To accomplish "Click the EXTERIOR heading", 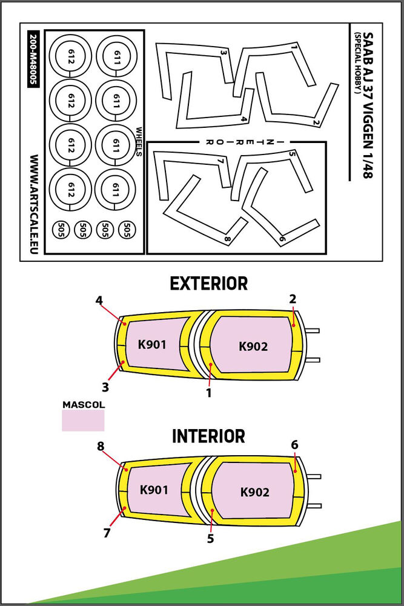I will [x=208, y=284].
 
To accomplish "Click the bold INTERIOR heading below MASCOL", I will [x=208, y=436].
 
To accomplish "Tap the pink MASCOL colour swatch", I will [x=83, y=420].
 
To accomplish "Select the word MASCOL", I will [x=83, y=404].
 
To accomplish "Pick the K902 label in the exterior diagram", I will [x=253, y=347].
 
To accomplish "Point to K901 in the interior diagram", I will [x=154, y=490].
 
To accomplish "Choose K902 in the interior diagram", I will [x=254, y=492].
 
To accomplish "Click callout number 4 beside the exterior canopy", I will [x=99, y=300].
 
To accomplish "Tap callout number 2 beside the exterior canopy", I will [x=293, y=299].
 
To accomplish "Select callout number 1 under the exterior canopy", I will [x=208, y=393].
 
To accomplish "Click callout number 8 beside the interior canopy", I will [x=101, y=447].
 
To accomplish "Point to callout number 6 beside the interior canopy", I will [x=294, y=445].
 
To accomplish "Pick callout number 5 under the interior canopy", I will [x=210, y=538].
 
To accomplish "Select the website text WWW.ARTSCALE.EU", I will [x=32, y=204].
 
